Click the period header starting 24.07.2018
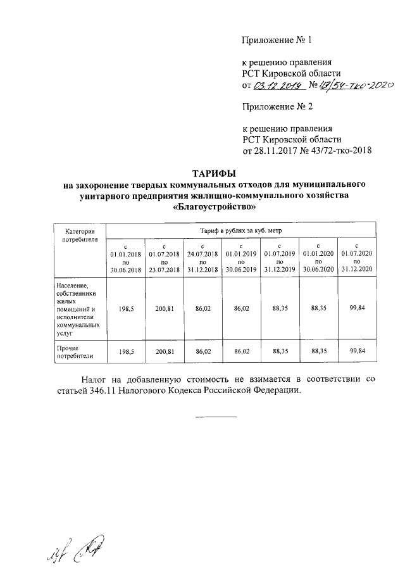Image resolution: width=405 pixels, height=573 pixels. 202,258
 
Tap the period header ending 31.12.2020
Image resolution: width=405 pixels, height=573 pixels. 358,258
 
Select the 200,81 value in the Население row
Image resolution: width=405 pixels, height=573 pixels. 164,310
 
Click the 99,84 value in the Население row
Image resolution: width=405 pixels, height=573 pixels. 358,310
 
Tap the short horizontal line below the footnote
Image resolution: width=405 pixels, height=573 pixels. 215,417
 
